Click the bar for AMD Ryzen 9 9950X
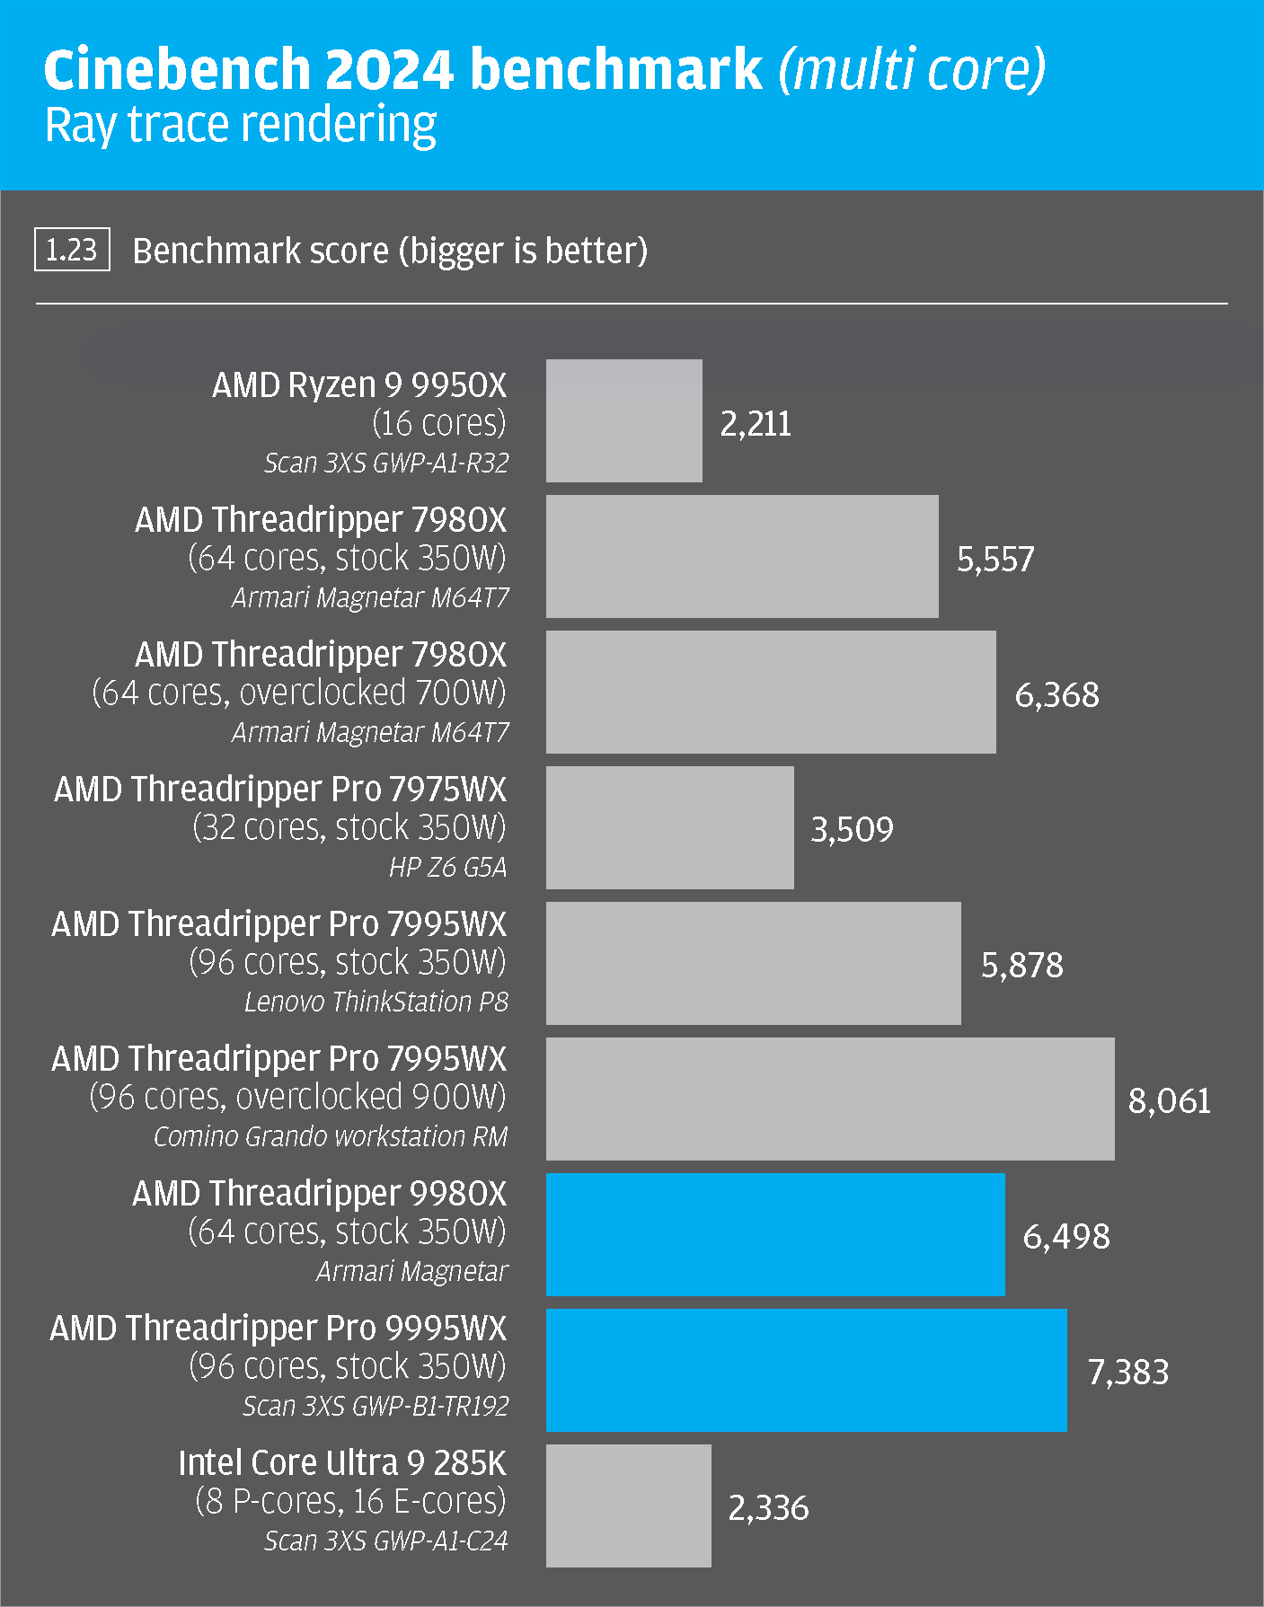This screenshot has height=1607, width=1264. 623,420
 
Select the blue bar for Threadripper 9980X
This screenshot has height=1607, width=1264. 774,1234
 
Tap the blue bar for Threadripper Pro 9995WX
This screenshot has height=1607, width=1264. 806,1370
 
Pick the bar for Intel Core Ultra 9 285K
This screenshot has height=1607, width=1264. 628,1505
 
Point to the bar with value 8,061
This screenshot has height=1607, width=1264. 829,1099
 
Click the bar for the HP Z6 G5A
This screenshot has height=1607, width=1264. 669,827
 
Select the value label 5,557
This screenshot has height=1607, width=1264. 995,560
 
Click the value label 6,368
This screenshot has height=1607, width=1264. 1056,694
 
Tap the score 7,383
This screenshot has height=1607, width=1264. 1128,1372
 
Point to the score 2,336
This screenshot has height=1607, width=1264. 768,1507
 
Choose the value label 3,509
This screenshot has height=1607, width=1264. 852,829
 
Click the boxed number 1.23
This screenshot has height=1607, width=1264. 72,250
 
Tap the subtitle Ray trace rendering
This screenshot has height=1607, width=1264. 241,125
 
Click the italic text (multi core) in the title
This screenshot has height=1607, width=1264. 911,70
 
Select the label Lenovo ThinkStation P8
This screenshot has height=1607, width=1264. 376,1002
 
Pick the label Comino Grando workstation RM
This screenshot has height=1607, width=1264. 331,1136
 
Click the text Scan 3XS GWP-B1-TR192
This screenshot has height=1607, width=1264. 376,1406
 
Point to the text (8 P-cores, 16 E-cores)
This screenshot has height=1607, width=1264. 350,1501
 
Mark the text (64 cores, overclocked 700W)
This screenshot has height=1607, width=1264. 299,693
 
